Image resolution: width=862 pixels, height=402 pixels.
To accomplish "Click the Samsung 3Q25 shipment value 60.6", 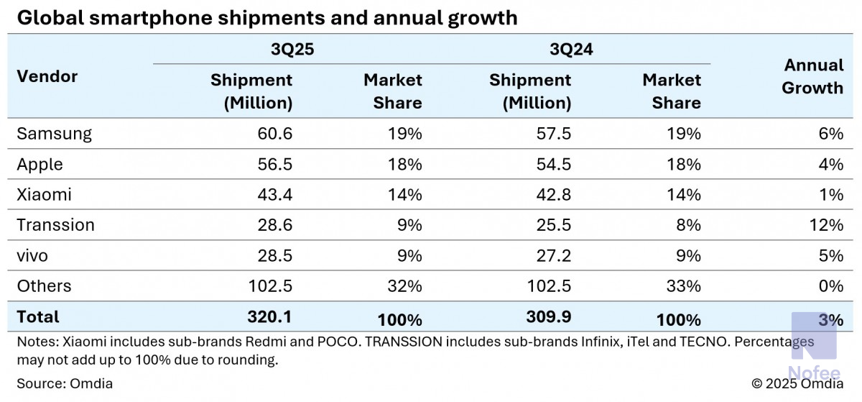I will [x=274, y=134].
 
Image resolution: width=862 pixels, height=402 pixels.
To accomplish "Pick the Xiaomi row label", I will [x=44, y=195].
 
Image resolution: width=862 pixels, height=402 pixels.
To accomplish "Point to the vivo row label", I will [x=33, y=255].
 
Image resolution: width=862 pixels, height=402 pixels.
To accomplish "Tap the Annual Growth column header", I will [x=812, y=76].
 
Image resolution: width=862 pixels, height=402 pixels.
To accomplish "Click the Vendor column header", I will [x=47, y=76].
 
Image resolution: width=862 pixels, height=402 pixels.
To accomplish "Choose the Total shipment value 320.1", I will [x=270, y=318].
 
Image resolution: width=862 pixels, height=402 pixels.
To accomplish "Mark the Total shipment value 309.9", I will [x=549, y=318].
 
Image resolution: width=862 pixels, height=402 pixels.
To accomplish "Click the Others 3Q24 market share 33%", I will [x=683, y=286].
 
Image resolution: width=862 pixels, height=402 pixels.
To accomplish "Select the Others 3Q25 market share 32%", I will [x=404, y=286].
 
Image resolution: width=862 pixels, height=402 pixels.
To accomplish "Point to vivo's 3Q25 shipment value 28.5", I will [x=274, y=255].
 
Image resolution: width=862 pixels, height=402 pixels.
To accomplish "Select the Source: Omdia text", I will [x=65, y=383].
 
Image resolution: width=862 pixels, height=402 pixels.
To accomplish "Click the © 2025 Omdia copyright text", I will [x=797, y=383].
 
